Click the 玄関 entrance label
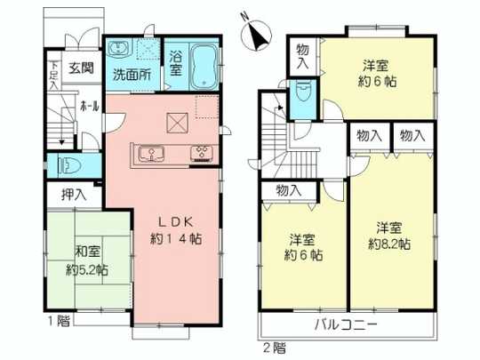82,68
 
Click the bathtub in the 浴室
204,65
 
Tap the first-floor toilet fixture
69,165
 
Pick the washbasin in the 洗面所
121,49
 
